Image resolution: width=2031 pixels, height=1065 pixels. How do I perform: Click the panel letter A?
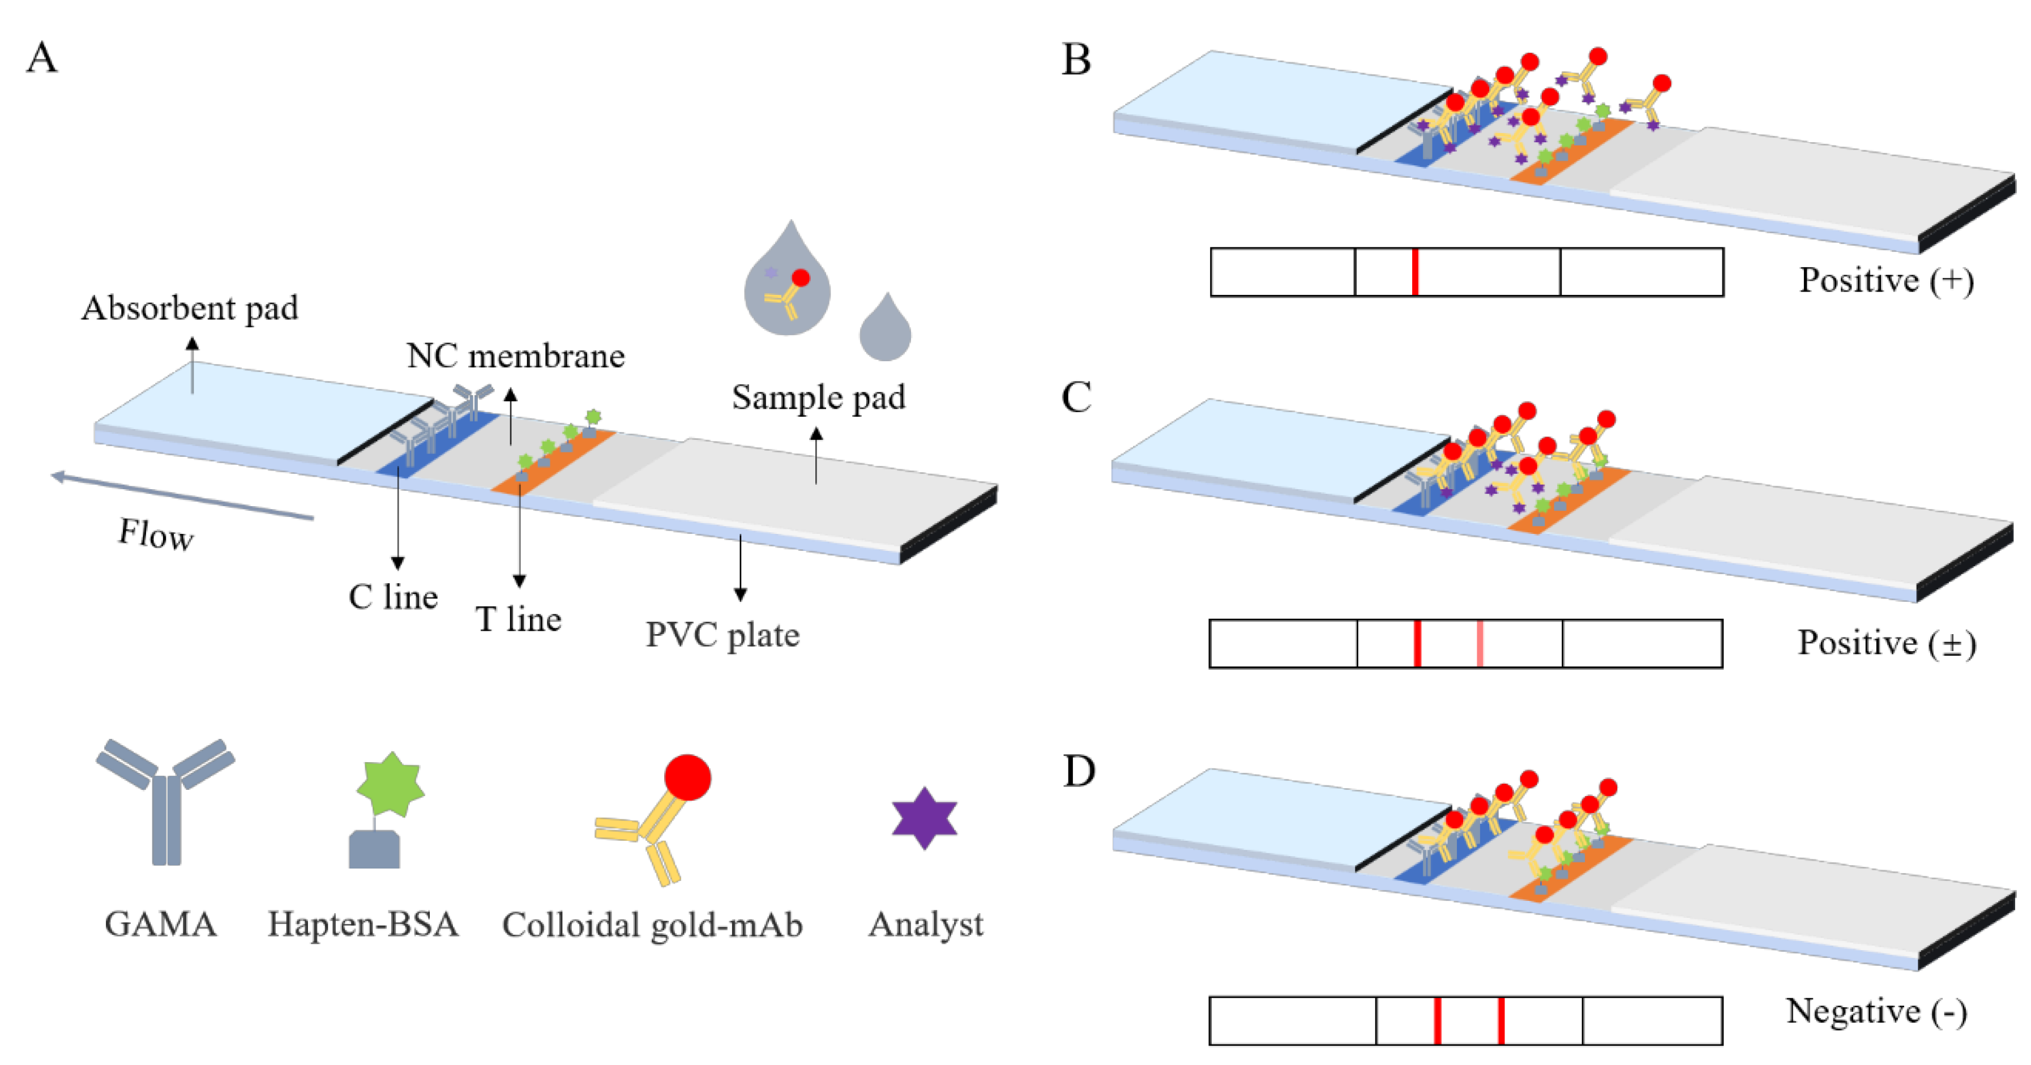(x=42, y=58)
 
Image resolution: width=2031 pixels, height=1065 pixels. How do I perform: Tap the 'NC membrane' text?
(x=516, y=356)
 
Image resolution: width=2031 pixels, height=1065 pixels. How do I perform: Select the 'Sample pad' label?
(x=818, y=397)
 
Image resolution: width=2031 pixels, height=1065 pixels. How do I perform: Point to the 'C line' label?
(x=392, y=597)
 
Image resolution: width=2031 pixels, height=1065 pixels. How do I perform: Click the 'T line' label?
(x=518, y=619)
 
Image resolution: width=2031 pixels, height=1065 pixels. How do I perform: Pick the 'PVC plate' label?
(x=722, y=635)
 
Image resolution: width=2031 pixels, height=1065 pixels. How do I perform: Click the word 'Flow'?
(x=155, y=534)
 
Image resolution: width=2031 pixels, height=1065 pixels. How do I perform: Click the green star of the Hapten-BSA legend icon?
(x=390, y=784)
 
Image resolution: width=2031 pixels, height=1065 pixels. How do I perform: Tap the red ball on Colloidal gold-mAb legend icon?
(x=687, y=777)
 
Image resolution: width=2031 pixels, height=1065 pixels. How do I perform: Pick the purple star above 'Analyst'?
(x=924, y=818)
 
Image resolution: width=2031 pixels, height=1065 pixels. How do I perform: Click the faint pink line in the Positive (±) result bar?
(x=1480, y=643)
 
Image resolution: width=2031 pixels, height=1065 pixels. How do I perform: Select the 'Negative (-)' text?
(x=1876, y=1011)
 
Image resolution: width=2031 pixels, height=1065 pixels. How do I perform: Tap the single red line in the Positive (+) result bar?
(x=1415, y=272)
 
